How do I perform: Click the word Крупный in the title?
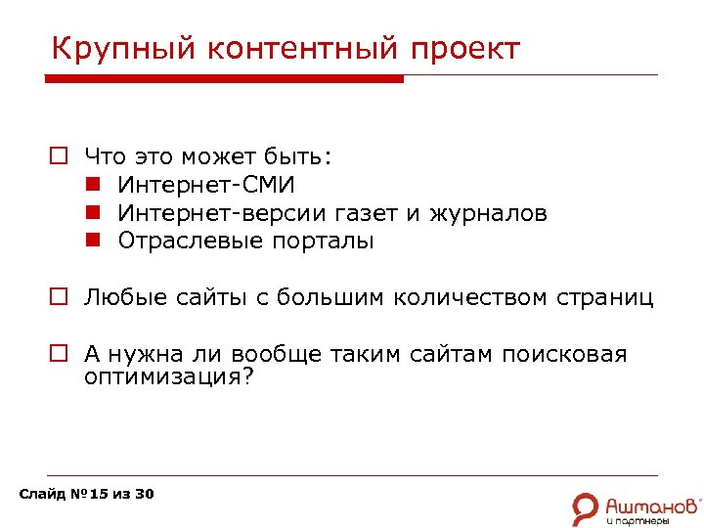(110, 48)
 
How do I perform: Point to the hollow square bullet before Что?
(60, 155)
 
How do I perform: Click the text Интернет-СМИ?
(206, 184)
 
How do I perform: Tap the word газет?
(392, 212)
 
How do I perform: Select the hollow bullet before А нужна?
(60, 355)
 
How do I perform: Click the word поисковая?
(564, 354)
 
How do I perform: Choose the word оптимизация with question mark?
(168, 376)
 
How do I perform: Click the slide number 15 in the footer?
(98, 494)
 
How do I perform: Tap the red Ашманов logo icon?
(586, 507)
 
